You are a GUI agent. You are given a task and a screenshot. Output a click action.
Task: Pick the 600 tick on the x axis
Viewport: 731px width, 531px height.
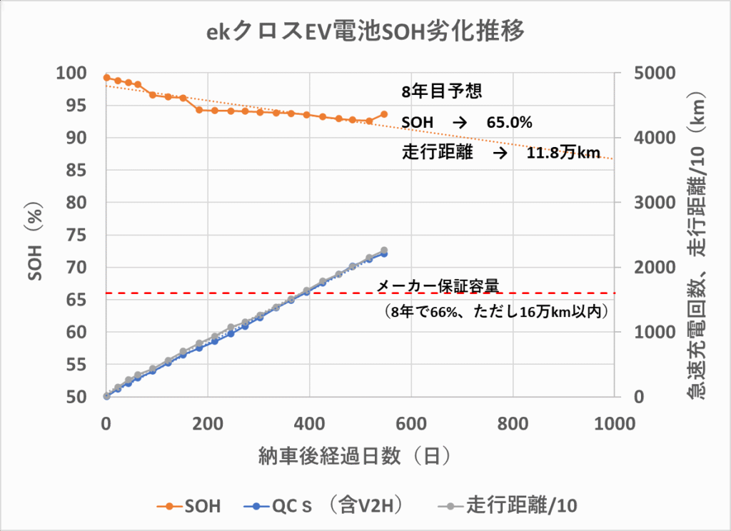tap(411, 422)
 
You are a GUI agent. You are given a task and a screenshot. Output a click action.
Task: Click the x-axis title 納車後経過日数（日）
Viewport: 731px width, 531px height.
tap(360, 455)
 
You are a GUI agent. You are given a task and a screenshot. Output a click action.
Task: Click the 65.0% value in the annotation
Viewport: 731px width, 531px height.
tap(510, 123)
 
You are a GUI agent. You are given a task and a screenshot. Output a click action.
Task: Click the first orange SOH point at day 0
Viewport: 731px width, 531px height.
tap(106, 78)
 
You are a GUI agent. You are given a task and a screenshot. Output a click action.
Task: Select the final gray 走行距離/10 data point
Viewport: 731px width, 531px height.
tap(384, 251)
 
